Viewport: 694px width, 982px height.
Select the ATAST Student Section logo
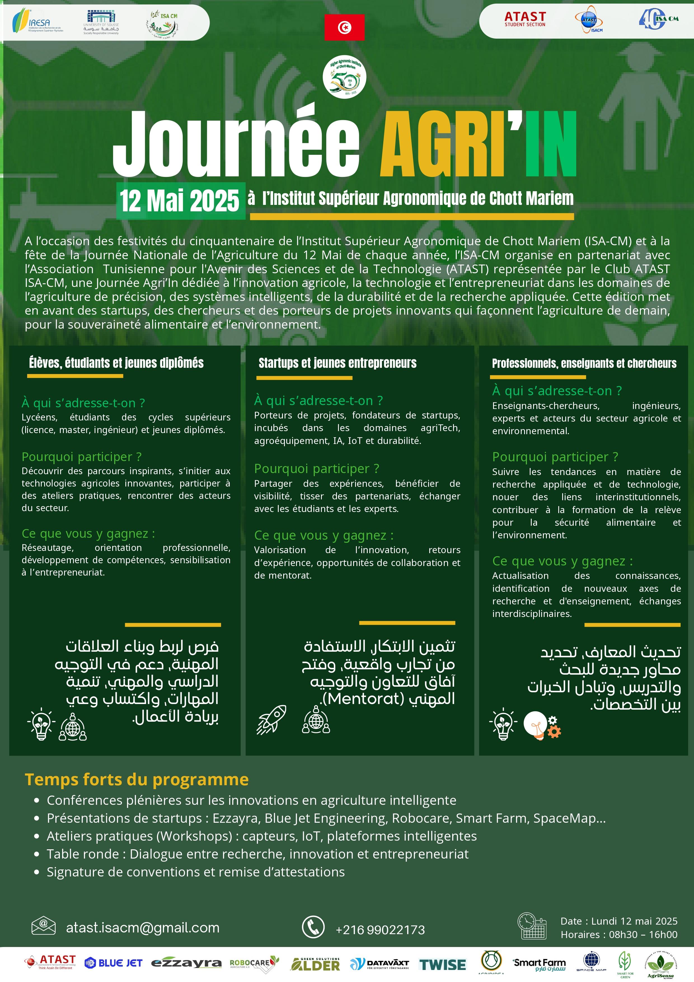[x=525, y=19]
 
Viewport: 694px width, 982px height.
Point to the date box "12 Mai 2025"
[x=180, y=201]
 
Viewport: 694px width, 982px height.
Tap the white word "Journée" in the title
[x=236, y=143]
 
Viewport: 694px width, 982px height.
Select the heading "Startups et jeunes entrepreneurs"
[x=337, y=363]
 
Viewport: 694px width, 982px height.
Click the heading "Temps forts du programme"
[x=137, y=779]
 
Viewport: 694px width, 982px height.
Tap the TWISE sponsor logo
[x=443, y=964]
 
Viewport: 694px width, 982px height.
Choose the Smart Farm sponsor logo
[x=539, y=964]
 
